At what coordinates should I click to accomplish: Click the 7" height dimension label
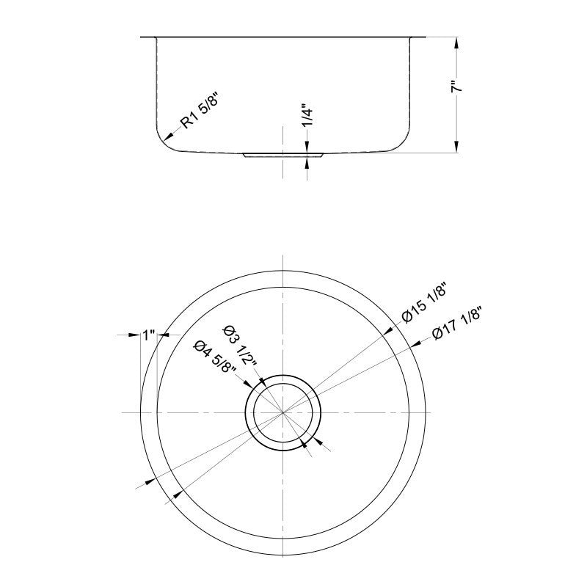tap(456, 86)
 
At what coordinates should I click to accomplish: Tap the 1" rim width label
tap(149, 335)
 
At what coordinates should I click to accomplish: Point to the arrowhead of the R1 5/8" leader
tap(169, 137)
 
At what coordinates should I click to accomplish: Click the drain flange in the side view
tap(283, 156)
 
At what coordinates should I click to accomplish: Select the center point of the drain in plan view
tap(283, 413)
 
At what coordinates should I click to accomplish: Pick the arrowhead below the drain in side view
tap(307, 162)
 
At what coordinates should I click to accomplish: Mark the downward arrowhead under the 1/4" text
tap(307, 147)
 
